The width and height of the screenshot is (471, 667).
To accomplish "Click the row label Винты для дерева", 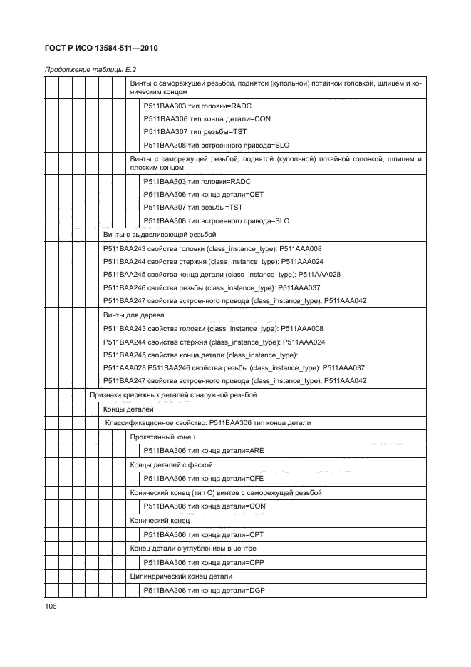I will (134, 315).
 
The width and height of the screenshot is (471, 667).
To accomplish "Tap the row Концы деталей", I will (128, 409).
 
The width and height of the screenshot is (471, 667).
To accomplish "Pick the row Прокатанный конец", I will (162, 437).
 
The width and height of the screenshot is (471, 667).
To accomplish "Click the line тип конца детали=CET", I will (203, 193).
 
